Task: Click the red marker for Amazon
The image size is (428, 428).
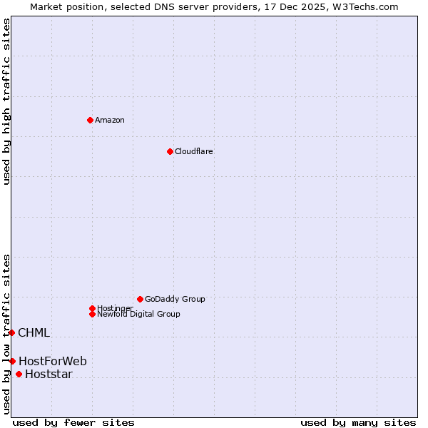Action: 90,120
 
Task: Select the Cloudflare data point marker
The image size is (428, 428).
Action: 170,151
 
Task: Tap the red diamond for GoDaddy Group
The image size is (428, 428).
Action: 140,299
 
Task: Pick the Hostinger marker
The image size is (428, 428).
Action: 92,308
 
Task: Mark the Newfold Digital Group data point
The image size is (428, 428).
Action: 92,314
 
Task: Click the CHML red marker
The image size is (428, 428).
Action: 11,332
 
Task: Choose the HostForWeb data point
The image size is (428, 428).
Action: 12,361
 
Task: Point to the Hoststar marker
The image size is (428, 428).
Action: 19,374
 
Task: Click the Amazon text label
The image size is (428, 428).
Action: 110,120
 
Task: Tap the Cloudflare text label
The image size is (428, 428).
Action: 193,151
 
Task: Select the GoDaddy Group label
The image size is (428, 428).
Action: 175,299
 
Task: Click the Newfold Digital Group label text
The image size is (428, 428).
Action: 138,314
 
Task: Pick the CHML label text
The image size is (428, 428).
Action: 34,332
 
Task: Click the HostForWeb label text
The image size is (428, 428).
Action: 53,361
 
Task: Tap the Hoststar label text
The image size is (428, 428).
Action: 49,374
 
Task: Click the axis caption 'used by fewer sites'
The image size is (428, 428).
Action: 73,422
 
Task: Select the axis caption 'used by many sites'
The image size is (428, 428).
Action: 357,422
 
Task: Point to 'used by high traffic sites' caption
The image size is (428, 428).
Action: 6,101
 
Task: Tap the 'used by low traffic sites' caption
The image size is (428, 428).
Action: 6,334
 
